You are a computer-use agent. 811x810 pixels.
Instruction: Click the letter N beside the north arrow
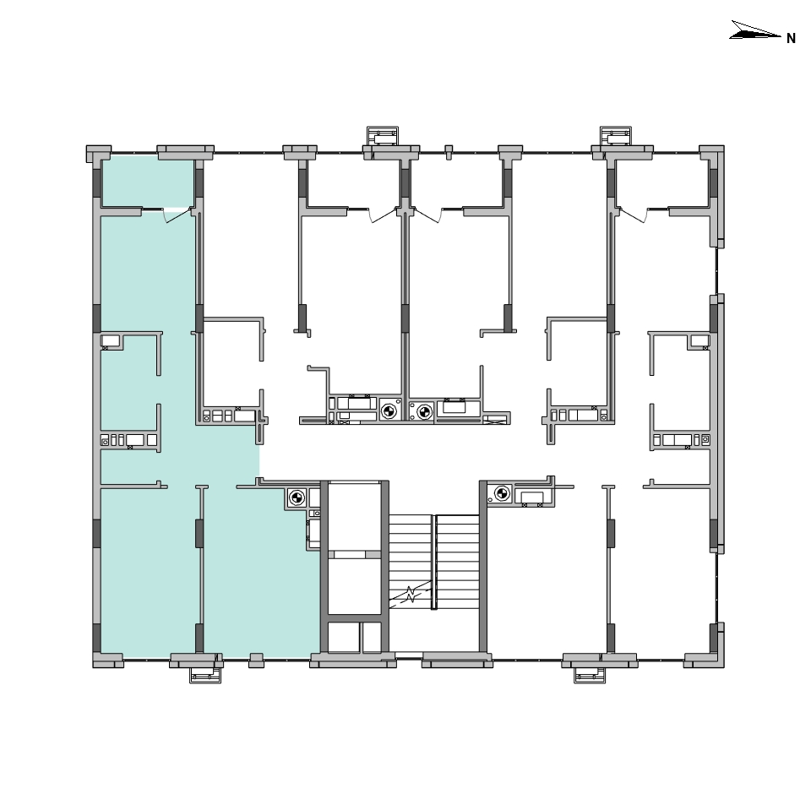(x=791, y=38)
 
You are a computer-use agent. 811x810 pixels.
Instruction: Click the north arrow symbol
(x=754, y=30)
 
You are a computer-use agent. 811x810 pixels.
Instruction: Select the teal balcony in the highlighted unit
(x=148, y=183)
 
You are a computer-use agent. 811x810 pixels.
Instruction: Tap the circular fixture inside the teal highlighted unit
(x=297, y=498)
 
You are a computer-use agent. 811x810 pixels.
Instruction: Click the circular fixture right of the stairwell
(x=502, y=493)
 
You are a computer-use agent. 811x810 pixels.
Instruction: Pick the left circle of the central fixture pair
(x=389, y=411)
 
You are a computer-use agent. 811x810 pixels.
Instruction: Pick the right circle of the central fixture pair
(x=425, y=411)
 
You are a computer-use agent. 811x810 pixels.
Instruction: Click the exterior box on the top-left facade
(x=383, y=135)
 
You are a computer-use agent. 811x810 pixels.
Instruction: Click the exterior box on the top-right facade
(x=616, y=135)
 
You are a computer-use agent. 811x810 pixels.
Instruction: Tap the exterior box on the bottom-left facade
(x=205, y=675)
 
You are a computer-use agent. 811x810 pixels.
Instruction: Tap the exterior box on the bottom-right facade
(x=590, y=675)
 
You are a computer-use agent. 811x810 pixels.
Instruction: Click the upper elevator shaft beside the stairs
(x=354, y=517)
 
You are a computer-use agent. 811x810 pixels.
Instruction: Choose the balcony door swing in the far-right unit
(x=632, y=215)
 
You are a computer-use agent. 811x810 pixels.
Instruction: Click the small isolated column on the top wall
(x=449, y=151)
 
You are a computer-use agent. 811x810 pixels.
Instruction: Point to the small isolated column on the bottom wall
(x=256, y=661)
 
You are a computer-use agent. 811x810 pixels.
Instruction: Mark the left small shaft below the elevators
(x=344, y=637)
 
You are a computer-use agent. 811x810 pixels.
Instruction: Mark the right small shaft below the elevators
(x=372, y=637)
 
